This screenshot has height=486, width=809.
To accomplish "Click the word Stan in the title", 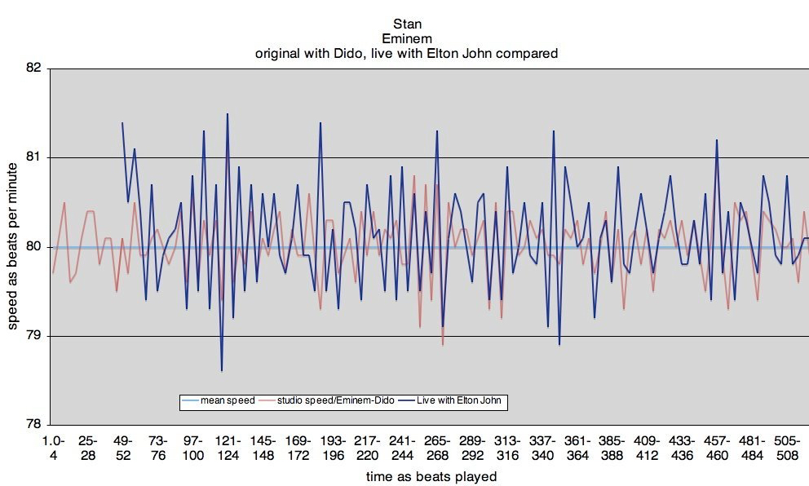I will (405, 24).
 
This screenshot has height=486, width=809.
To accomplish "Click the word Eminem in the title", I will (405, 38).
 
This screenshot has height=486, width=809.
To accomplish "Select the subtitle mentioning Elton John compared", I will (405, 53).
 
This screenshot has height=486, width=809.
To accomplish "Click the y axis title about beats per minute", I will (14, 246).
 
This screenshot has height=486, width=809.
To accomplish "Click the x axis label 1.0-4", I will (53, 447).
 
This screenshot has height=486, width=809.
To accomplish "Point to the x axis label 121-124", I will (228, 447).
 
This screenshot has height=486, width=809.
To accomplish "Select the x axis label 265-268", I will (437, 447).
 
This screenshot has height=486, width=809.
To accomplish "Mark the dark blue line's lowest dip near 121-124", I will (222, 371).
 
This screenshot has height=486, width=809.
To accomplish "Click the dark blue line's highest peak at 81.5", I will (228, 114).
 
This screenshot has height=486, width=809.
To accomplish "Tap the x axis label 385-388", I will (612, 447).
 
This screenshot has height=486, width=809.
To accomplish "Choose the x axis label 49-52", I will (123, 447).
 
